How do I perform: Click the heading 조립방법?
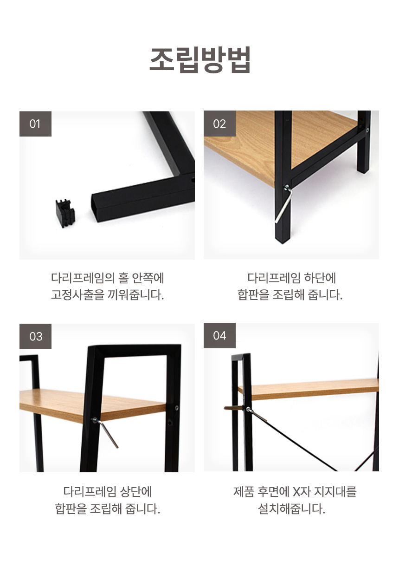[200, 60]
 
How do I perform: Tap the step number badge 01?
[36, 124]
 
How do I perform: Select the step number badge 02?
[219, 124]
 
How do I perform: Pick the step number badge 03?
[36, 336]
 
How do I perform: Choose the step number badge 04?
[219, 335]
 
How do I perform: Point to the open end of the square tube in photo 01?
[97, 209]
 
